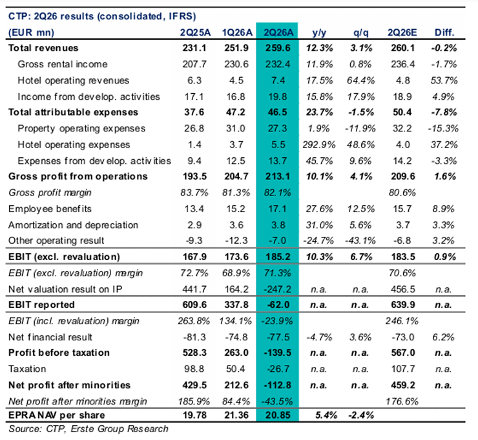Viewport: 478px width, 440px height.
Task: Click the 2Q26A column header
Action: tap(278, 32)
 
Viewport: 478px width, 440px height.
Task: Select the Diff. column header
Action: tap(444, 32)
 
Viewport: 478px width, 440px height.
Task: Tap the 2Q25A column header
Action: tap(195, 32)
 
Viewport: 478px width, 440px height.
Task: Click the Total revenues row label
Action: tap(43, 48)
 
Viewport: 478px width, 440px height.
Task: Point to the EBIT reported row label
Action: tap(41, 305)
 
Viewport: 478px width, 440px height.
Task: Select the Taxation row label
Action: tap(27, 369)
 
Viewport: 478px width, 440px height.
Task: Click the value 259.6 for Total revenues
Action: tap(277, 48)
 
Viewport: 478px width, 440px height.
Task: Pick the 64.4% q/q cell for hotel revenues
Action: tap(360, 80)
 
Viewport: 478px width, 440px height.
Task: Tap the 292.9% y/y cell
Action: tap(319, 144)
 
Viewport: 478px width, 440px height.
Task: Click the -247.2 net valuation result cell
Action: tap(276, 289)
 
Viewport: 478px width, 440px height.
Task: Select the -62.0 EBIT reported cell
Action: tap(277, 305)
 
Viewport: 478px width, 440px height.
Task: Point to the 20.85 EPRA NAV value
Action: tap(278, 415)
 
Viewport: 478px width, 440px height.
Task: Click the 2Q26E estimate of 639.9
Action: tap(403, 305)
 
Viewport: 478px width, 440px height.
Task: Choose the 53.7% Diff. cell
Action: tap(444, 80)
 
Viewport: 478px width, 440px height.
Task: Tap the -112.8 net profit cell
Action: tap(277, 385)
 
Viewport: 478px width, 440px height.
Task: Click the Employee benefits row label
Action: tap(50, 209)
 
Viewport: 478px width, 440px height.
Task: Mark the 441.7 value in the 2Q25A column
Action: tap(194, 289)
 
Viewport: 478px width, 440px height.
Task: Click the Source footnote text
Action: tap(88, 429)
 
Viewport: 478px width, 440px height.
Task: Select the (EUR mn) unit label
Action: tap(31, 32)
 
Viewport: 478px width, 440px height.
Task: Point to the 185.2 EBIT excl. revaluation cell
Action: tap(278, 256)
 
